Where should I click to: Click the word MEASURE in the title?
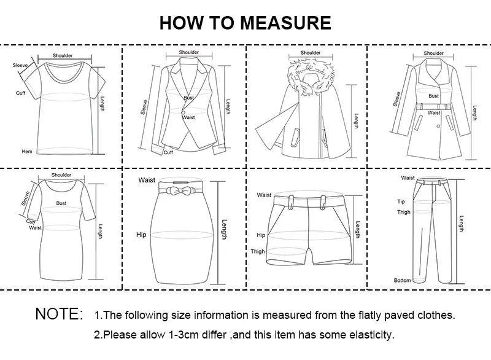click(x=285, y=23)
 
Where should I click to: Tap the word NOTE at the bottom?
click(x=59, y=315)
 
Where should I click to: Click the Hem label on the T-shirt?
click(x=27, y=151)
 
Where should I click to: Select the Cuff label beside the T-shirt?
click(x=20, y=93)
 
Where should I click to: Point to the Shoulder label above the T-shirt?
click(x=62, y=56)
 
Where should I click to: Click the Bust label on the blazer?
click(x=188, y=98)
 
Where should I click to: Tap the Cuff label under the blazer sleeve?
click(x=168, y=152)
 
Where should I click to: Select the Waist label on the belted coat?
click(x=434, y=113)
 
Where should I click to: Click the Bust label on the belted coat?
click(x=434, y=96)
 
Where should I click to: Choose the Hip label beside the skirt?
click(x=141, y=235)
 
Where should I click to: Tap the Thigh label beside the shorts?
click(x=258, y=251)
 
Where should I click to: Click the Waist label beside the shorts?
click(x=265, y=195)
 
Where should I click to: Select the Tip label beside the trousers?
click(x=401, y=201)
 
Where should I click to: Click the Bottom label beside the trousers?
click(x=402, y=280)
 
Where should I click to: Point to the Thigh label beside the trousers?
click(x=403, y=213)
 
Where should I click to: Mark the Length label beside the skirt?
click(x=224, y=230)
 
